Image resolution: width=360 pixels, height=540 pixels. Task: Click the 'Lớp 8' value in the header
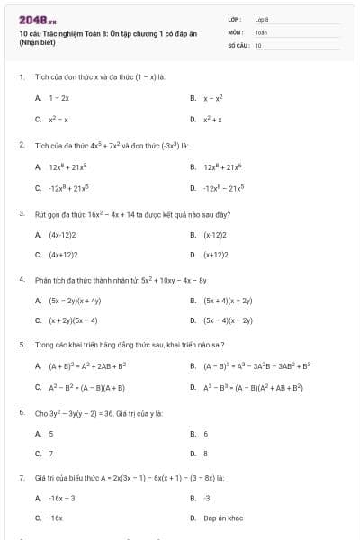pos(262,19)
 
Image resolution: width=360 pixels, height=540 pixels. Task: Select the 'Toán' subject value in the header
pos(261,31)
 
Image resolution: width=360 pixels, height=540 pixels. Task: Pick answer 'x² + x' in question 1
pos(212,119)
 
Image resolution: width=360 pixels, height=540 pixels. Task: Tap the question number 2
pos(21,144)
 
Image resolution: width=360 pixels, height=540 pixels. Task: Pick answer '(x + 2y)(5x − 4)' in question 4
pos(73,320)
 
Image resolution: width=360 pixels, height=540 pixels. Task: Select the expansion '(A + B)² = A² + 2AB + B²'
pos(87,366)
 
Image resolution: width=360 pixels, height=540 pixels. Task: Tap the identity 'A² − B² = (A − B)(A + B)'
pos(86,388)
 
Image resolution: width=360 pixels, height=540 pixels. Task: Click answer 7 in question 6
pos(50,454)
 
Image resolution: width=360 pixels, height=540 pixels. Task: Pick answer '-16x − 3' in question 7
pos(62,498)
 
